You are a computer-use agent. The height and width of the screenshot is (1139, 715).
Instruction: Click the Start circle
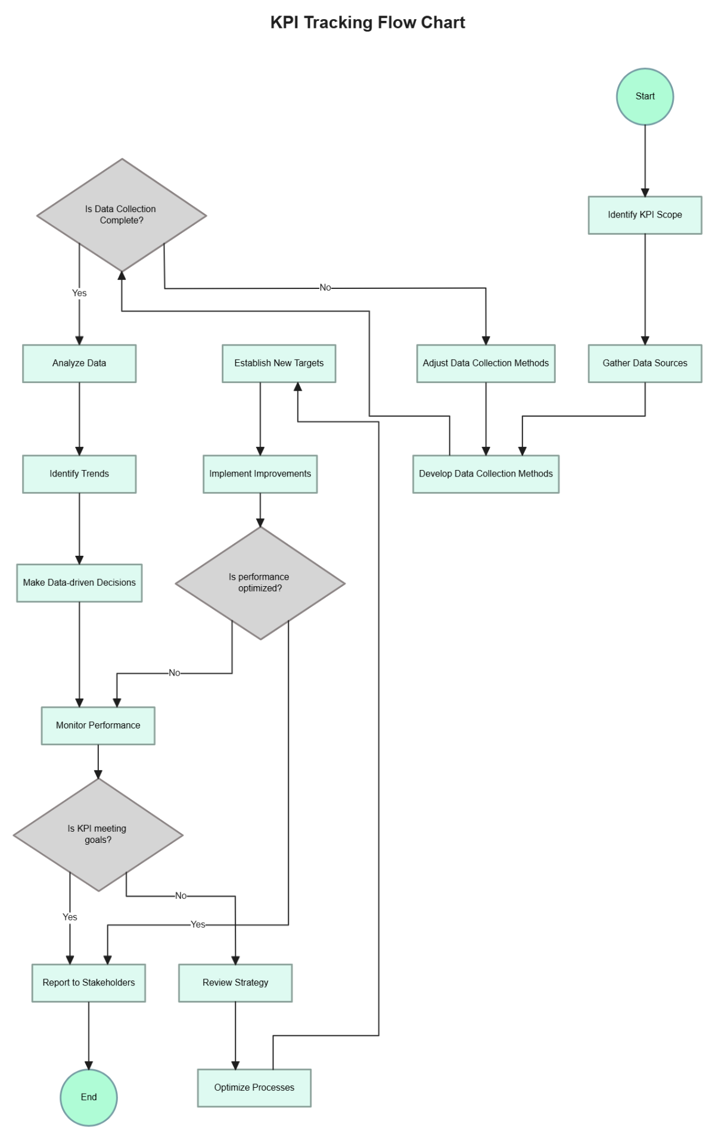[x=645, y=97]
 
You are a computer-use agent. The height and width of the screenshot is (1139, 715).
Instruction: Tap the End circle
[x=89, y=1097]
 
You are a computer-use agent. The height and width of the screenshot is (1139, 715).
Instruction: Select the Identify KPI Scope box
[x=645, y=215]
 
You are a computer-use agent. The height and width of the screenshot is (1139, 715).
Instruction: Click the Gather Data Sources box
[x=645, y=363]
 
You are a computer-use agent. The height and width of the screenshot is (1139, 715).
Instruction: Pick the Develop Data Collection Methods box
[x=486, y=474]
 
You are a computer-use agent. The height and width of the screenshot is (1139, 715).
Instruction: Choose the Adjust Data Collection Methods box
[x=486, y=363]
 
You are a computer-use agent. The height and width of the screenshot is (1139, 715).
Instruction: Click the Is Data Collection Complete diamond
[x=122, y=215]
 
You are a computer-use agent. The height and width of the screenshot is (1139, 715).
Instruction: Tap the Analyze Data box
[x=79, y=363]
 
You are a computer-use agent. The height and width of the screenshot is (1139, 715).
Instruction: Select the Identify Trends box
[x=79, y=474]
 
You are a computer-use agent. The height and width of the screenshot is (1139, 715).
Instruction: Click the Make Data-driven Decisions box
[x=79, y=583]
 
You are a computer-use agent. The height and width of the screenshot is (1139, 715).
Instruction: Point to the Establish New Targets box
[x=279, y=363]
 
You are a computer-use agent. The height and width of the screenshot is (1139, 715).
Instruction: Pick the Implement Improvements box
[x=260, y=474]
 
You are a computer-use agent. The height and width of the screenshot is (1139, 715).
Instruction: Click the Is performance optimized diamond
[x=260, y=583]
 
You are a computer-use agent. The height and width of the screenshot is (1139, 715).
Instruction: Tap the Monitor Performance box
[x=98, y=726]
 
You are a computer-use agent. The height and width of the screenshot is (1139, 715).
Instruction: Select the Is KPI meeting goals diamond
[x=98, y=835]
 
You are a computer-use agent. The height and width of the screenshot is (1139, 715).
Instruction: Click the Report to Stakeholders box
[x=89, y=983]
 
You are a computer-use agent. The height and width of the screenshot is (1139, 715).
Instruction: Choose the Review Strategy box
[x=235, y=983]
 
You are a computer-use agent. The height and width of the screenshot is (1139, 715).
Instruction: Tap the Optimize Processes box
[x=254, y=1088]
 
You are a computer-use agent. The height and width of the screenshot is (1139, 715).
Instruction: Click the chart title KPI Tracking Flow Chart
[x=368, y=23]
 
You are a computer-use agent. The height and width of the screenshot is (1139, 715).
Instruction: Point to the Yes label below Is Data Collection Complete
[x=79, y=293]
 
